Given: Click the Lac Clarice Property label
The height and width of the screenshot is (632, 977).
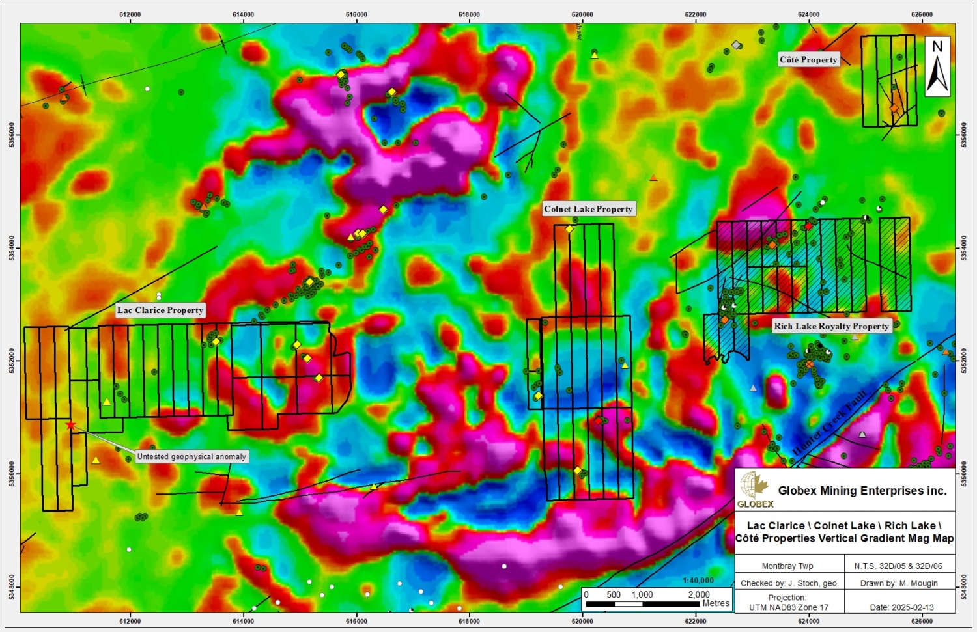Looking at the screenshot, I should click(160, 310).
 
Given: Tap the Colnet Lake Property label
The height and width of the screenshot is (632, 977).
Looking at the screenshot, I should click(589, 209).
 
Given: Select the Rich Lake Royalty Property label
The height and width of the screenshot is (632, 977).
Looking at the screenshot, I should click(831, 326).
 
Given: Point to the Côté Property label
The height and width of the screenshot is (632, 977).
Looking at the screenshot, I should click(808, 59).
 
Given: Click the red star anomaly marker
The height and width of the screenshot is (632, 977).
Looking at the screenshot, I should click(70, 425).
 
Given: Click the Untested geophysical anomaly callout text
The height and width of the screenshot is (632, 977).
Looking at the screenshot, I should click(191, 457).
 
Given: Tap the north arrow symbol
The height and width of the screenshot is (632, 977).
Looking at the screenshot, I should click(937, 66).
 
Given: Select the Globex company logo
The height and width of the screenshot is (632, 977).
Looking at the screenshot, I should click(755, 489).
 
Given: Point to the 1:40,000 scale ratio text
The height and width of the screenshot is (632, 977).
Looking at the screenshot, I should click(698, 581).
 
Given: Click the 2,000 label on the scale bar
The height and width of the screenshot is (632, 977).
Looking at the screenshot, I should click(699, 594).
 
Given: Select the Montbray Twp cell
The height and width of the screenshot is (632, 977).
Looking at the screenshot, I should click(787, 566).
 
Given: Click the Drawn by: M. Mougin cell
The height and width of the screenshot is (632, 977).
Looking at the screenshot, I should click(899, 583).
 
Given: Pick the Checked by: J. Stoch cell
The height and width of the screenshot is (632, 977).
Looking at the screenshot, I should click(789, 583).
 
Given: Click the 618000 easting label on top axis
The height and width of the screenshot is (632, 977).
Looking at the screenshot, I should click(469, 14).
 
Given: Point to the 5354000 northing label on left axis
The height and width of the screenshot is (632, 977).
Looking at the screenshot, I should click(12, 247).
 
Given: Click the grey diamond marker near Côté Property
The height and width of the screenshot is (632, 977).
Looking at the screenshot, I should click(736, 45).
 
